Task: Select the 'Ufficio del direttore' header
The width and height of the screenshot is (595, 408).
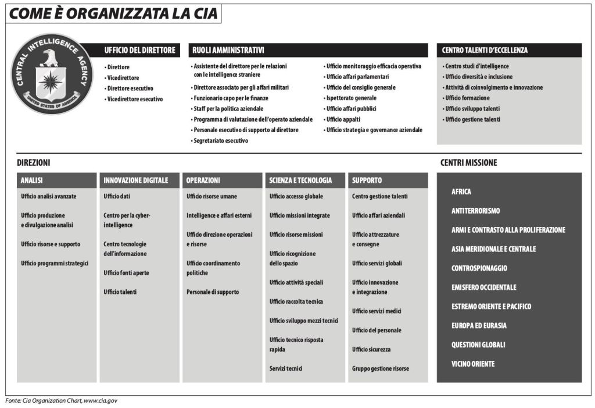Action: [139, 51]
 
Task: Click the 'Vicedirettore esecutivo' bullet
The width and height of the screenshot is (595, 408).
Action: [135, 99]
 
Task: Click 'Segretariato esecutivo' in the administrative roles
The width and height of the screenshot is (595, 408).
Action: [221, 140]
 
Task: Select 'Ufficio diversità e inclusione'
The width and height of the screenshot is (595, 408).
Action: [479, 77]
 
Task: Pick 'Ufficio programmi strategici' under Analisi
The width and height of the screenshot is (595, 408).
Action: [55, 263]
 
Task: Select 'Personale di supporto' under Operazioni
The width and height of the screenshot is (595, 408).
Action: [213, 292]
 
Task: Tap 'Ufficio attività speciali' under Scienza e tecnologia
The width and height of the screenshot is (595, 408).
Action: [296, 282]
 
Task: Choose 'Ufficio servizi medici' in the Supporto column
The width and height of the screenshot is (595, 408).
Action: [377, 311]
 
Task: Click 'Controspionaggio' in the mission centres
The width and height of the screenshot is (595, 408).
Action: [479, 268]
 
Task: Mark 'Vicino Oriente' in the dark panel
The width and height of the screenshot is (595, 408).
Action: [473, 364]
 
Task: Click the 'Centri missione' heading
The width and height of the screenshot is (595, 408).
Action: [468, 163]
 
